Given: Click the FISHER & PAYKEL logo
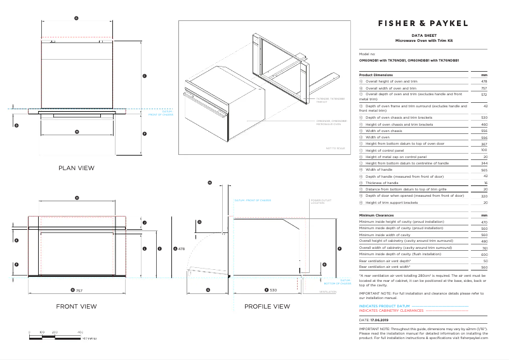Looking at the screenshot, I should click(x=423, y=23).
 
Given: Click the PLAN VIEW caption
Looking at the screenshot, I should click(x=76, y=168).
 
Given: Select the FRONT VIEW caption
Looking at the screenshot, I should click(x=76, y=306).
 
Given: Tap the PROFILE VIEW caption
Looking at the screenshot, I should click(x=267, y=306).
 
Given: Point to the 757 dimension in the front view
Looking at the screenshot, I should click(x=77, y=290).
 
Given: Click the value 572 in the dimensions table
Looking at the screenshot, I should click(x=484, y=94).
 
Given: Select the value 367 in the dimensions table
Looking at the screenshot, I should click(x=484, y=144).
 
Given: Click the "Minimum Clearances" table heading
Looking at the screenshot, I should click(x=377, y=216).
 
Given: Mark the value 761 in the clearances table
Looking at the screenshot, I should click(x=484, y=248).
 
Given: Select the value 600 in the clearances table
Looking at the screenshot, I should click(x=484, y=255).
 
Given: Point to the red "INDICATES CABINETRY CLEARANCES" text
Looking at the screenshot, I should click(x=391, y=311).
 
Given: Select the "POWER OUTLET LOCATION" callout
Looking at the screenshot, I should click(x=317, y=201).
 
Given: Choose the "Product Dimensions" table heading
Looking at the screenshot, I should click(x=376, y=75).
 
